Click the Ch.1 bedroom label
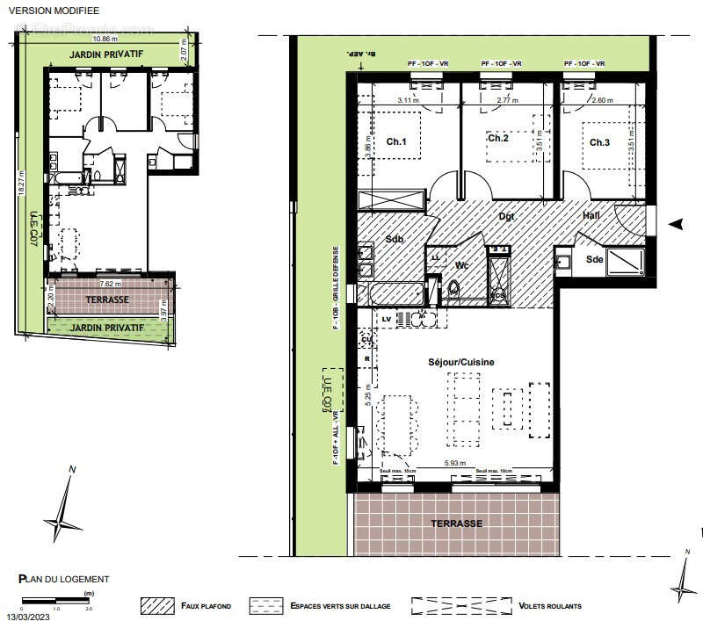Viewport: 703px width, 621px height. point(396,142)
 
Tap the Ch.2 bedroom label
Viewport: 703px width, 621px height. point(498,138)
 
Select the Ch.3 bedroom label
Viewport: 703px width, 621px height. point(599,142)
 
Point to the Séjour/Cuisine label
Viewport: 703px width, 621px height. point(460,362)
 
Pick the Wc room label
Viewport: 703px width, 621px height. point(462,264)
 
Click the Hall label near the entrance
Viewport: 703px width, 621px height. point(592,215)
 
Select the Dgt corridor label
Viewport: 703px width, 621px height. point(507,215)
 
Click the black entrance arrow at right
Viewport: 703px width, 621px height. point(674,225)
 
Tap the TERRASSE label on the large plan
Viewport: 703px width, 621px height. point(456,523)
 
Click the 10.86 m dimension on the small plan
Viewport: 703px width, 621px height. point(104,40)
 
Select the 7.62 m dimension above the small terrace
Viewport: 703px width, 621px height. point(110,284)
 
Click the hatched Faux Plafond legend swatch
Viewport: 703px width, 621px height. point(159,606)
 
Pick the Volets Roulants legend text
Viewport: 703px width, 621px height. point(550,606)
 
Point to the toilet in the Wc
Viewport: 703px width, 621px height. point(454,288)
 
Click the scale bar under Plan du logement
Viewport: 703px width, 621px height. point(55,601)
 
